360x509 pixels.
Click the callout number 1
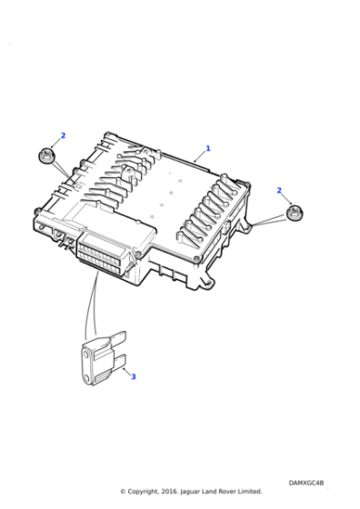[x=207, y=148]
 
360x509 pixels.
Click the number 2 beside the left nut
[x=63, y=136]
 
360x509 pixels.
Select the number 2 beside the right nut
[x=279, y=190]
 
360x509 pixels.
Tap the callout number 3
[x=133, y=376]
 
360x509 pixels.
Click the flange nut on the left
[x=46, y=156]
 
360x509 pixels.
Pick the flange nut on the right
[x=293, y=215]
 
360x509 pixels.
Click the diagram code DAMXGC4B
[x=305, y=483]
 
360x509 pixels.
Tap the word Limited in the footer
[x=248, y=492]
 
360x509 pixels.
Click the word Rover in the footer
[x=225, y=492]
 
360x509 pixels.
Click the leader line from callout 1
[x=199, y=155]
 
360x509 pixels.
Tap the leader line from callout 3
[x=124, y=369]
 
